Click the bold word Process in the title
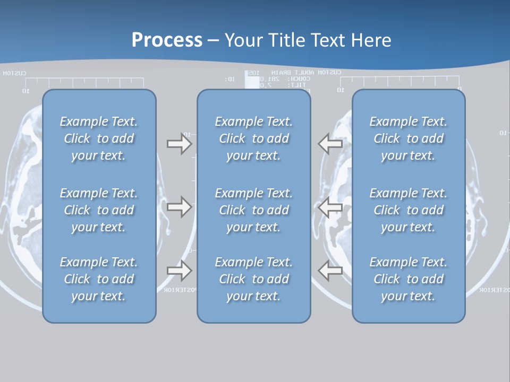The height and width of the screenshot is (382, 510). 167,40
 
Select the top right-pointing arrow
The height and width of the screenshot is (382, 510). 179,144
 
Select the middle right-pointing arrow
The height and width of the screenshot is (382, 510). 179,207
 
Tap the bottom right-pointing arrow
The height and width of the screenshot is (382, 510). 179,271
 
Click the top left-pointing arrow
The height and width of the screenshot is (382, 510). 330,144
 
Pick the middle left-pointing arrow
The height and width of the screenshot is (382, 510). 330,207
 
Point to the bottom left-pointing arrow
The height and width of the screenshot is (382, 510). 330,271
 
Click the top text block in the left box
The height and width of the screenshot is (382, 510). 99,138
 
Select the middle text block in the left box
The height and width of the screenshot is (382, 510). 99,210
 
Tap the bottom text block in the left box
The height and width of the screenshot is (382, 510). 99,279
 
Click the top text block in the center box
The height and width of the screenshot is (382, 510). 254,138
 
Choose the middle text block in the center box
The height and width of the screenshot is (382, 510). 254,210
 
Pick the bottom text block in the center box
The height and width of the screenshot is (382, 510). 254,279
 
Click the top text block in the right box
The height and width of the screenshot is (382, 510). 409,138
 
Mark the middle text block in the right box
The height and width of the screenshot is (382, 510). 409,210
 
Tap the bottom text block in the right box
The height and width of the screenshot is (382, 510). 409,279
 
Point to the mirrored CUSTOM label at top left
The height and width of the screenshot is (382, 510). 14,73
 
